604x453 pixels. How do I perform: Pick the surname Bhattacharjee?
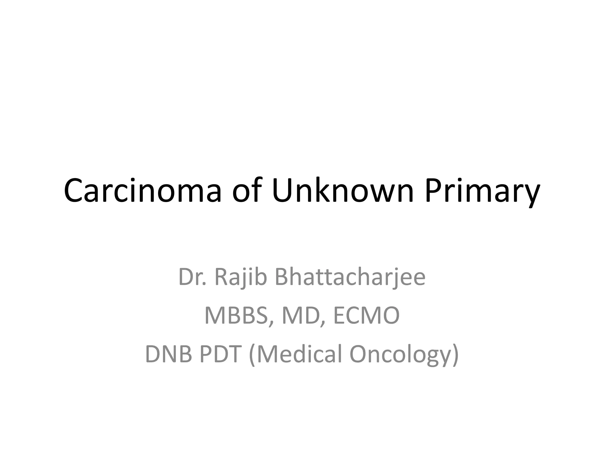(350, 278)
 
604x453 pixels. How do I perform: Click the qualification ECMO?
(366, 316)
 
